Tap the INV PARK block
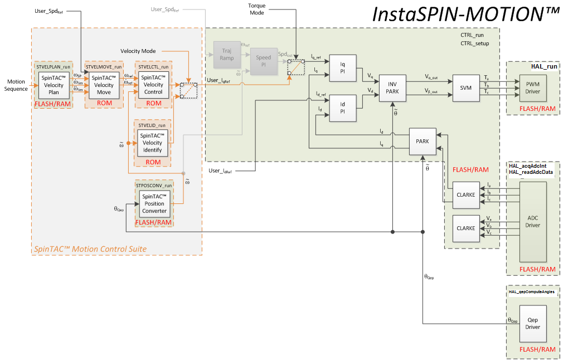point(392,89)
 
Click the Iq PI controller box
point(343,68)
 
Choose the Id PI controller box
point(343,108)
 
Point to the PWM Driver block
point(533,87)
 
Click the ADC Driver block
point(533,222)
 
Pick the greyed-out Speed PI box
point(263,61)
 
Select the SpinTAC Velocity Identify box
point(153,143)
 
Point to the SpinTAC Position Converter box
point(154,203)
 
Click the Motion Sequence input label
point(16,85)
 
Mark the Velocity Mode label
point(138,51)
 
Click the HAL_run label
point(544,66)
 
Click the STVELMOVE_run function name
point(104,66)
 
